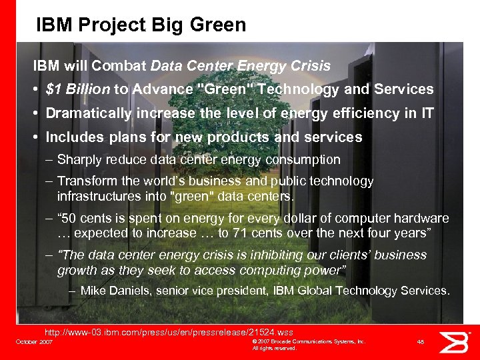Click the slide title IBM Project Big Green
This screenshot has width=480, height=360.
[x=141, y=25]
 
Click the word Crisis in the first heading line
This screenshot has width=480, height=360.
[x=311, y=66]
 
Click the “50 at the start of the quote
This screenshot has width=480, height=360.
[x=72, y=219]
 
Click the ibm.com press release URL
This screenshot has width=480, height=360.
[x=168, y=332]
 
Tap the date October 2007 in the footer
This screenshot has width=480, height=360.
[x=34, y=341]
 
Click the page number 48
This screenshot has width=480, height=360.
[x=420, y=341]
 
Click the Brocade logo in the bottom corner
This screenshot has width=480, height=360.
[x=459, y=341]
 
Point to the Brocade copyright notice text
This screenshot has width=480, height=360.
[x=308, y=344]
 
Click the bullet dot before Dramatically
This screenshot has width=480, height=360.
[x=36, y=114]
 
